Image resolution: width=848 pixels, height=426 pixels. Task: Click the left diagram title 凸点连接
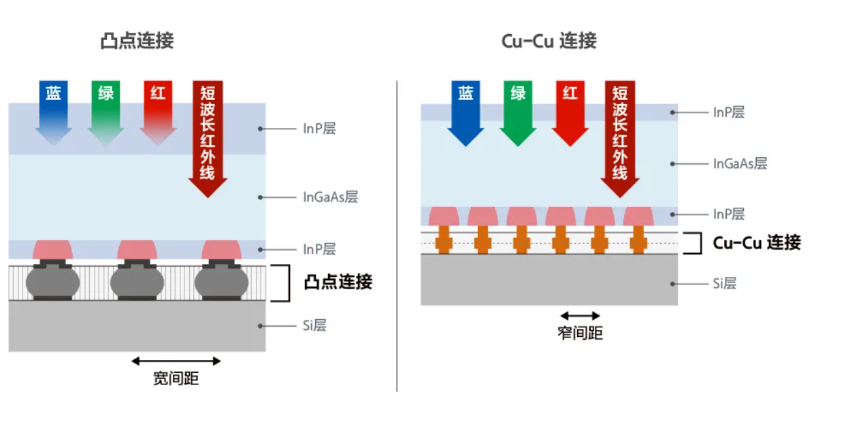click(x=137, y=41)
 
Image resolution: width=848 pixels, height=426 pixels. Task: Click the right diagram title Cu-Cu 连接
click(x=549, y=41)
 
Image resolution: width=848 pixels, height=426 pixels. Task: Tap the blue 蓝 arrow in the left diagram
click(x=53, y=109)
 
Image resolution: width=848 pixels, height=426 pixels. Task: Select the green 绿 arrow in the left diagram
click(x=105, y=109)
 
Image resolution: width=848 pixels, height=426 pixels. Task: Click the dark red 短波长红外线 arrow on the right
click(x=619, y=136)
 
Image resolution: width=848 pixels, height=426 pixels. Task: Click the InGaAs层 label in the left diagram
click(x=330, y=197)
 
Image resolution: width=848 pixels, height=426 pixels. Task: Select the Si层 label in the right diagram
click(x=724, y=283)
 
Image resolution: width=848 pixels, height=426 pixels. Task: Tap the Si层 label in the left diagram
click(x=314, y=325)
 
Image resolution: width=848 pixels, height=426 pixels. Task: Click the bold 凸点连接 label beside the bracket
click(x=338, y=282)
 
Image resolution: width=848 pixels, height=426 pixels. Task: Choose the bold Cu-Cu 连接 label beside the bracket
click(x=756, y=243)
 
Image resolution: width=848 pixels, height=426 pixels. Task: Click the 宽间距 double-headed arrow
click(x=176, y=361)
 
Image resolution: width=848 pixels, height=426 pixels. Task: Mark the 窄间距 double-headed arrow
click(x=580, y=316)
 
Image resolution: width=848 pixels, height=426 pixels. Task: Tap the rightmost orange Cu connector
click(x=638, y=242)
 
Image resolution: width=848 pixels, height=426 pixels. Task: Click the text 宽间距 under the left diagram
click(x=176, y=378)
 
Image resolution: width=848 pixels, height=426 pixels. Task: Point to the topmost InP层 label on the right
click(x=728, y=112)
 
